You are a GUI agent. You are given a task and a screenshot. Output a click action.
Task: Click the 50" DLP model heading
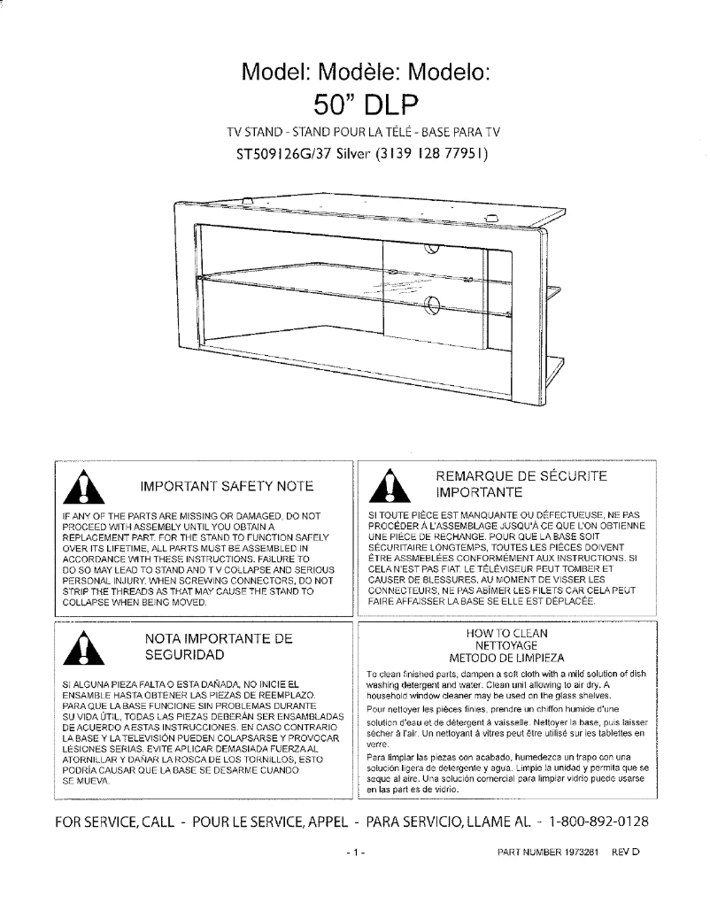click(x=366, y=104)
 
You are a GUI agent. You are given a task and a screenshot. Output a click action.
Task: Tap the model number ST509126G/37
click(x=285, y=153)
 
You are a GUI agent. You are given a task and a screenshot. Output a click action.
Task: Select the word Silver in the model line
click(x=354, y=153)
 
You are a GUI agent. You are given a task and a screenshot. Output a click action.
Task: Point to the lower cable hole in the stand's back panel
click(x=433, y=306)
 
